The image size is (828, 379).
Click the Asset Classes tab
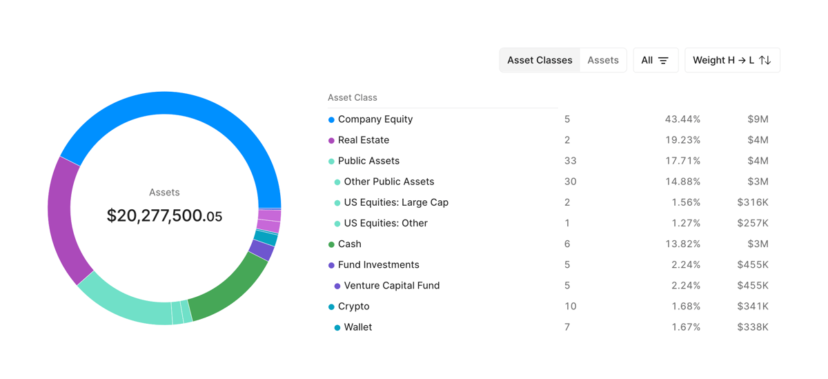[x=540, y=60]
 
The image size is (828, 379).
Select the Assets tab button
[x=603, y=60]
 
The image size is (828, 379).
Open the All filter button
[x=655, y=60]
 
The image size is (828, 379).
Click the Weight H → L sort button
[x=732, y=60]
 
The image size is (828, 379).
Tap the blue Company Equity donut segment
[x=172, y=104]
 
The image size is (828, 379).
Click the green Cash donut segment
[x=228, y=293]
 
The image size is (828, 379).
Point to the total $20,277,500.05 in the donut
[x=164, y=216]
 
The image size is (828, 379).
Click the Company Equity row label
[x=375, y=119]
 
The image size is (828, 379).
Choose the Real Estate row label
[x=364, y=140]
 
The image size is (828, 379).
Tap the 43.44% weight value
[x=682, y=119]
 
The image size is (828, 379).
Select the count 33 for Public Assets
[x=570, y=161]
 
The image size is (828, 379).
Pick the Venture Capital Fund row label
[x=391, y=285]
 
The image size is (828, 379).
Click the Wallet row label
[x=357, y=327]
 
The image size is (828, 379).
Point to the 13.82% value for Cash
[x=682, y=244]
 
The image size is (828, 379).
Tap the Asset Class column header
[x=353, y=97]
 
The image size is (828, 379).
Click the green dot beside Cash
[x=331, y=244]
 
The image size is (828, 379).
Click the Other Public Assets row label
[x=389, y=182]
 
